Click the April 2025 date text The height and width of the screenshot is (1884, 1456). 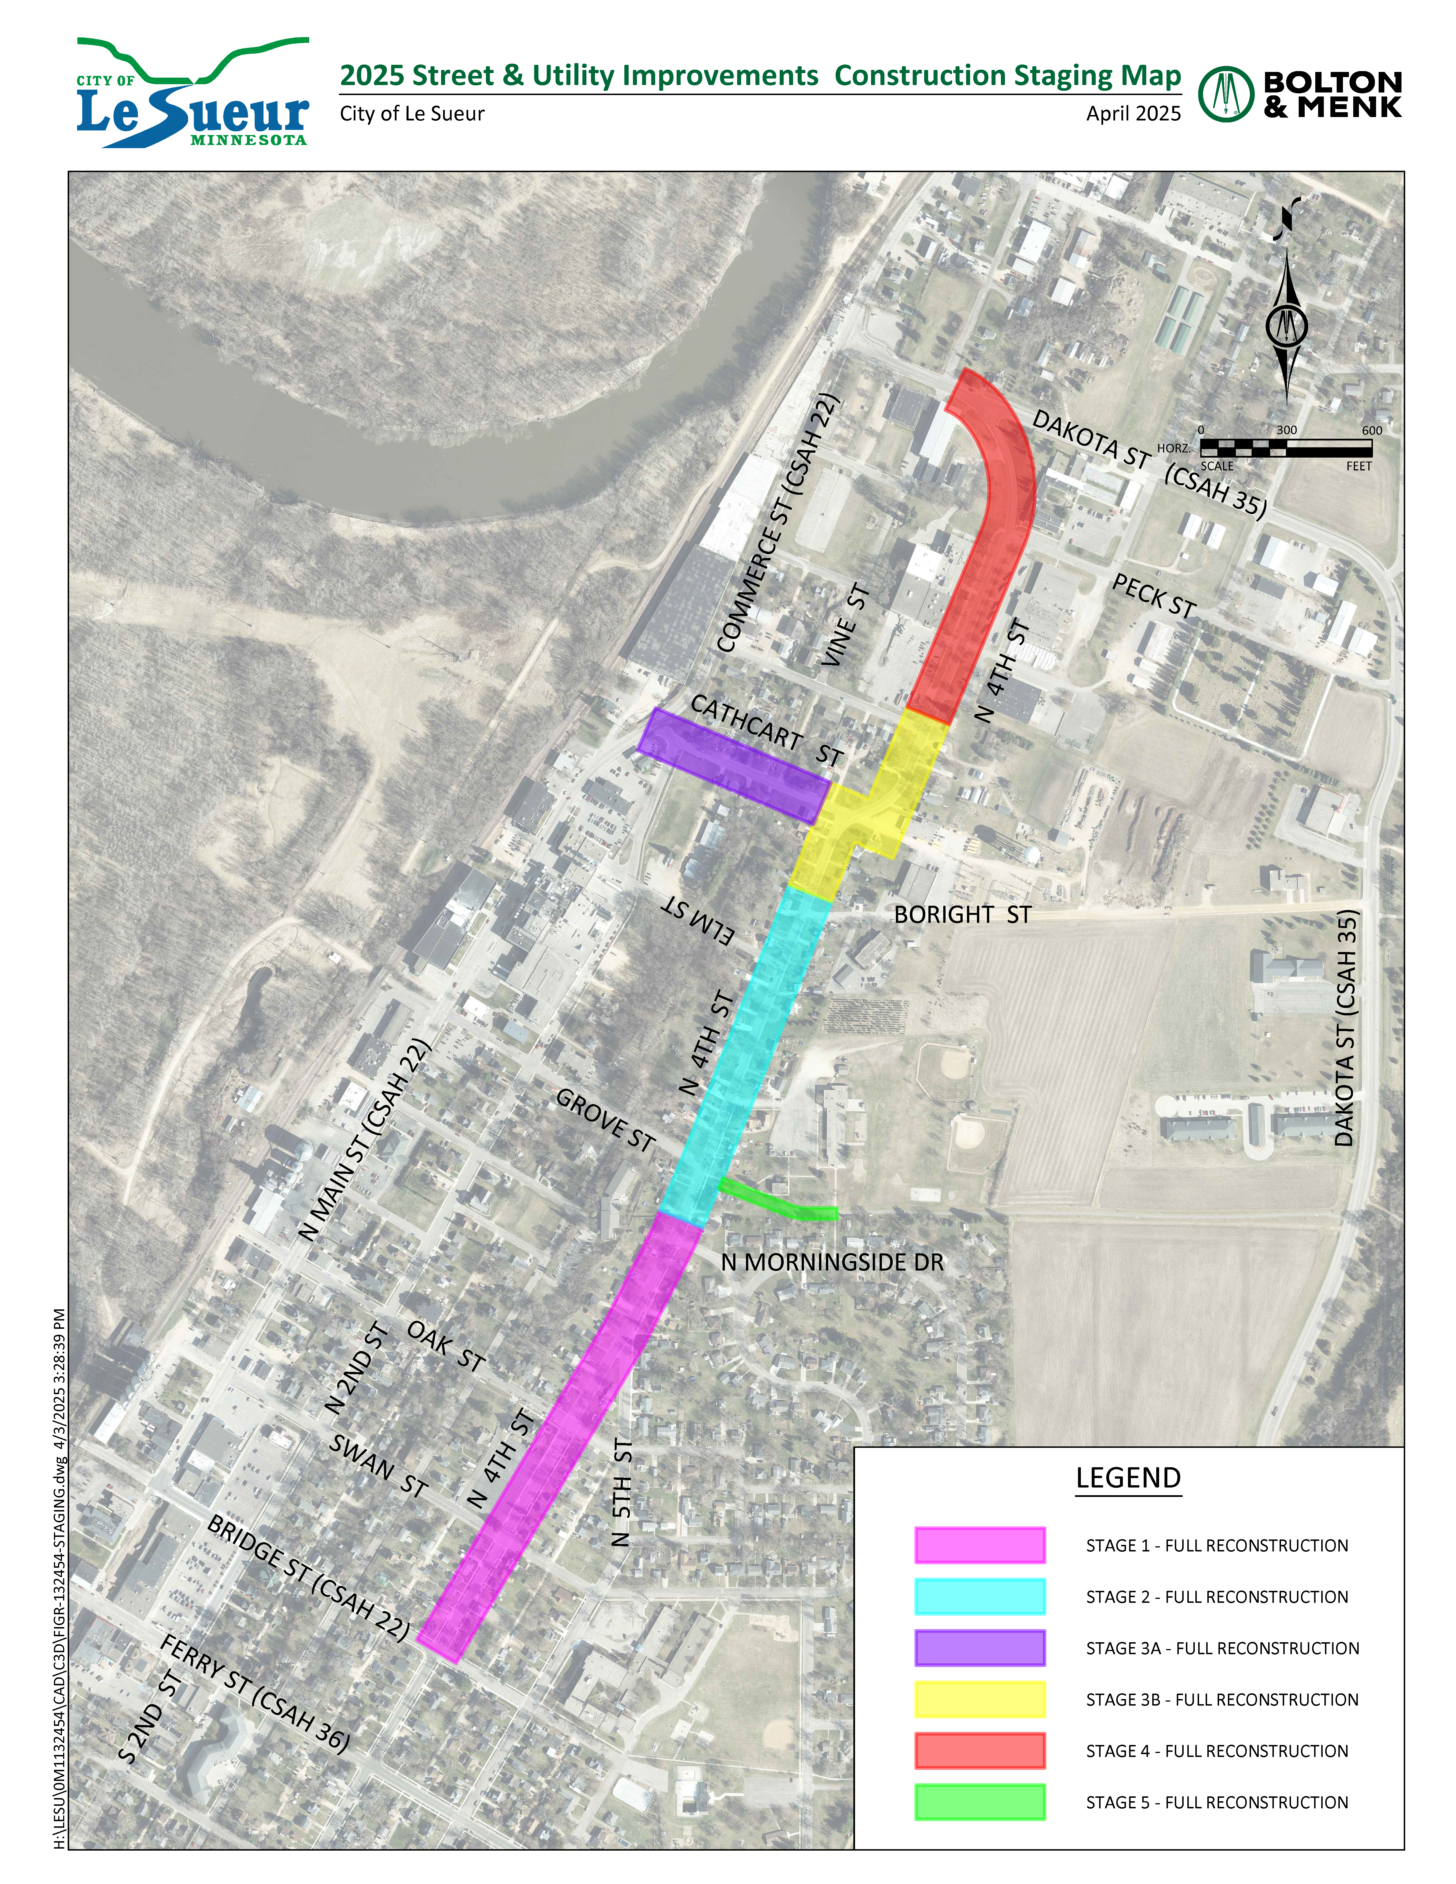tap(1133, 114)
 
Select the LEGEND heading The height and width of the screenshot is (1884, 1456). tap(1127, 1478)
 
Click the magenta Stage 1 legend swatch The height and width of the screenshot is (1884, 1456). tap(979, 1545)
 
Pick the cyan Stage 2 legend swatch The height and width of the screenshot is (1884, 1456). tap(979, 1597)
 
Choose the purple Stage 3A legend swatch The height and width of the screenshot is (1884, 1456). tap(979, 1648)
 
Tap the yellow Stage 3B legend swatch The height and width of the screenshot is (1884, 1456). tap(979, 1699)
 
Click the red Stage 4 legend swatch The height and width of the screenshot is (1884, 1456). tap(979, 1750)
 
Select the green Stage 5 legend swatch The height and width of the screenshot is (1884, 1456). tap(979, 1802)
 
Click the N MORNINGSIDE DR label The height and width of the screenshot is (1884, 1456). tap(832, 1262)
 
